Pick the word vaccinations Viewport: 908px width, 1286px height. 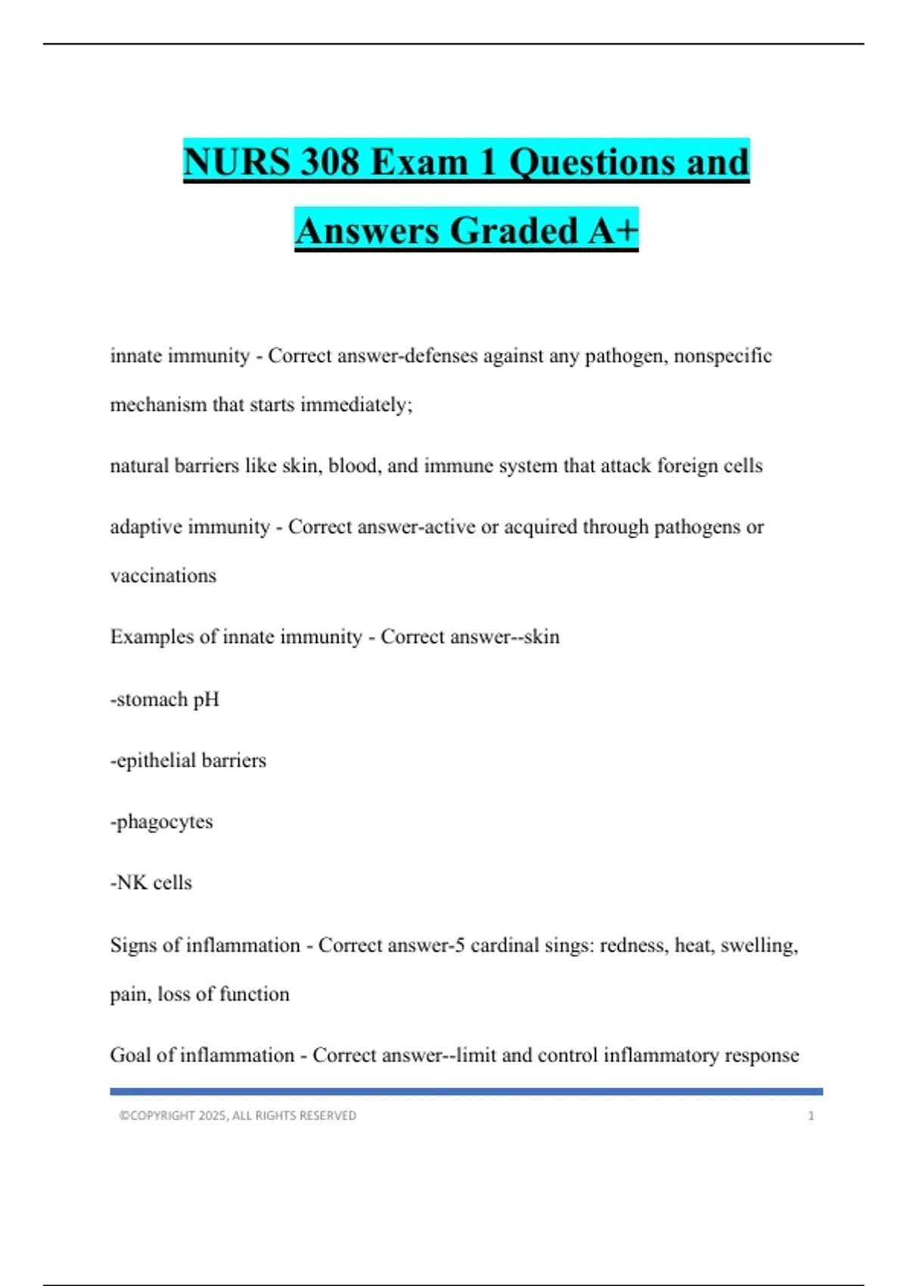(x=163, y=576)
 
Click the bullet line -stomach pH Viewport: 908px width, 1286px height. (x=164, y=699)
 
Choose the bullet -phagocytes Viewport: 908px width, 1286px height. (x=161, y=822)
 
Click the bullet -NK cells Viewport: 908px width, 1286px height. (x=151, y=883)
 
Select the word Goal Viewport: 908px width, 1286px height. (x=130, y=1055)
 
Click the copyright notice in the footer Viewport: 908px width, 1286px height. (x=237, y=1116)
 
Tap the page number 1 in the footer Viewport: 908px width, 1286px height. (x=811, y=1116)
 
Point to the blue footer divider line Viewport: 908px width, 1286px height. (x=466, y=1092)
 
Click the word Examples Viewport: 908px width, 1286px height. (x=151, y=637)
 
